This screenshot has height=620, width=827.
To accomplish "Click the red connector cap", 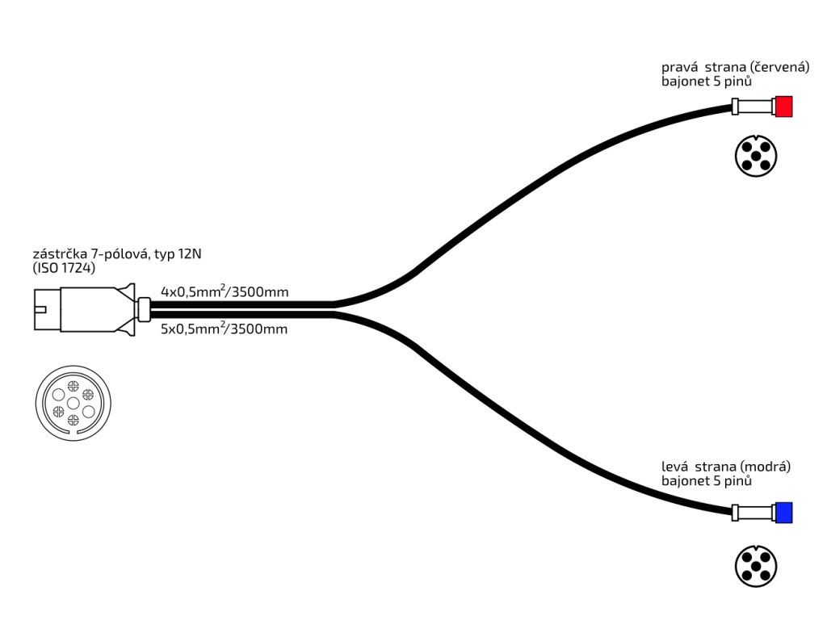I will pos(783,107).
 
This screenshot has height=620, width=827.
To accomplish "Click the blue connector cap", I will pos(783,512).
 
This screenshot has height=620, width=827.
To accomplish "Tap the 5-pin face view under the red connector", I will pos(756,156).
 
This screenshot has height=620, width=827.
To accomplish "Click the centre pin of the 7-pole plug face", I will pos(73,402).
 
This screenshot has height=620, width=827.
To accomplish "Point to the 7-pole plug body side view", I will pos(85,310).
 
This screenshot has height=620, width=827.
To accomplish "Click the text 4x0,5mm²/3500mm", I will pos(225,291).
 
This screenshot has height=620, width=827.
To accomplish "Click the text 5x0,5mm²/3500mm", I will pos(225,329).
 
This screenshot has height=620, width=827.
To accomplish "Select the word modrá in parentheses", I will pos(765,467).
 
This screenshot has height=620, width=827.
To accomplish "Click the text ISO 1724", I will pos(64,268).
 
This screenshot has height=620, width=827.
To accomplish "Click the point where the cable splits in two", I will pos(335,309).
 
